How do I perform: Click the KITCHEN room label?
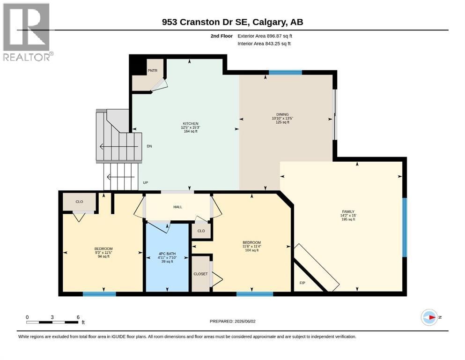coord(191,123)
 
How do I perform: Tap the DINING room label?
coord(282,114)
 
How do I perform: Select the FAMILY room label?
coord(348,211)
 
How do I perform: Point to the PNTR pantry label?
coord(153,71)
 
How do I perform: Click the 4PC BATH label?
coord(167,254)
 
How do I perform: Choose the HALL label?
coord(177,207)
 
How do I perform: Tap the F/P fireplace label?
coord(302,283)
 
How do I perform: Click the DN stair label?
coord(149,146)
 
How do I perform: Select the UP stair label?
coord(145,183)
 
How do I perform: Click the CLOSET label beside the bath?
coord(200,274)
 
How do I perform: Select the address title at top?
coord(232,22)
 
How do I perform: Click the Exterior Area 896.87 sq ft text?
coord(265,36)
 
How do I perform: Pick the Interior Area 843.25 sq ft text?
coord(264,44)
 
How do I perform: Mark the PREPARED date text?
coord(232,321)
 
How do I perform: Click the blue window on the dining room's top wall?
coord(285,72)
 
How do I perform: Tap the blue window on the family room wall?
coord(405,227)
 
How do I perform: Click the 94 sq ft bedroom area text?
coord(103,256)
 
